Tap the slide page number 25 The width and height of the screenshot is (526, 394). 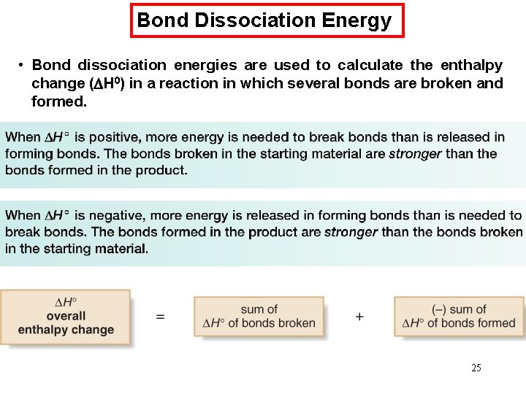click(476, 368)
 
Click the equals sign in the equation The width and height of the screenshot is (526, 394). click(160, 317)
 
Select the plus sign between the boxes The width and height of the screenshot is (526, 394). click(359, 317)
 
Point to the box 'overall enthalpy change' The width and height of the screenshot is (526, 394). click(66, 316)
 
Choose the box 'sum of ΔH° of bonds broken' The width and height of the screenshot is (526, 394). click(259, 316)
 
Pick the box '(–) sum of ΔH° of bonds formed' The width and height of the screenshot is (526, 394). click(459, 316)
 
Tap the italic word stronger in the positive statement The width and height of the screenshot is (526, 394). click(414, 154)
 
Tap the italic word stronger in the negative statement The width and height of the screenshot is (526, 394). click(351, 232)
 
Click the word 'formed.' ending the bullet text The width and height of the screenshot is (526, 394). click(59, 101)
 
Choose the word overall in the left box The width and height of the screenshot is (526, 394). click(66, 316)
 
